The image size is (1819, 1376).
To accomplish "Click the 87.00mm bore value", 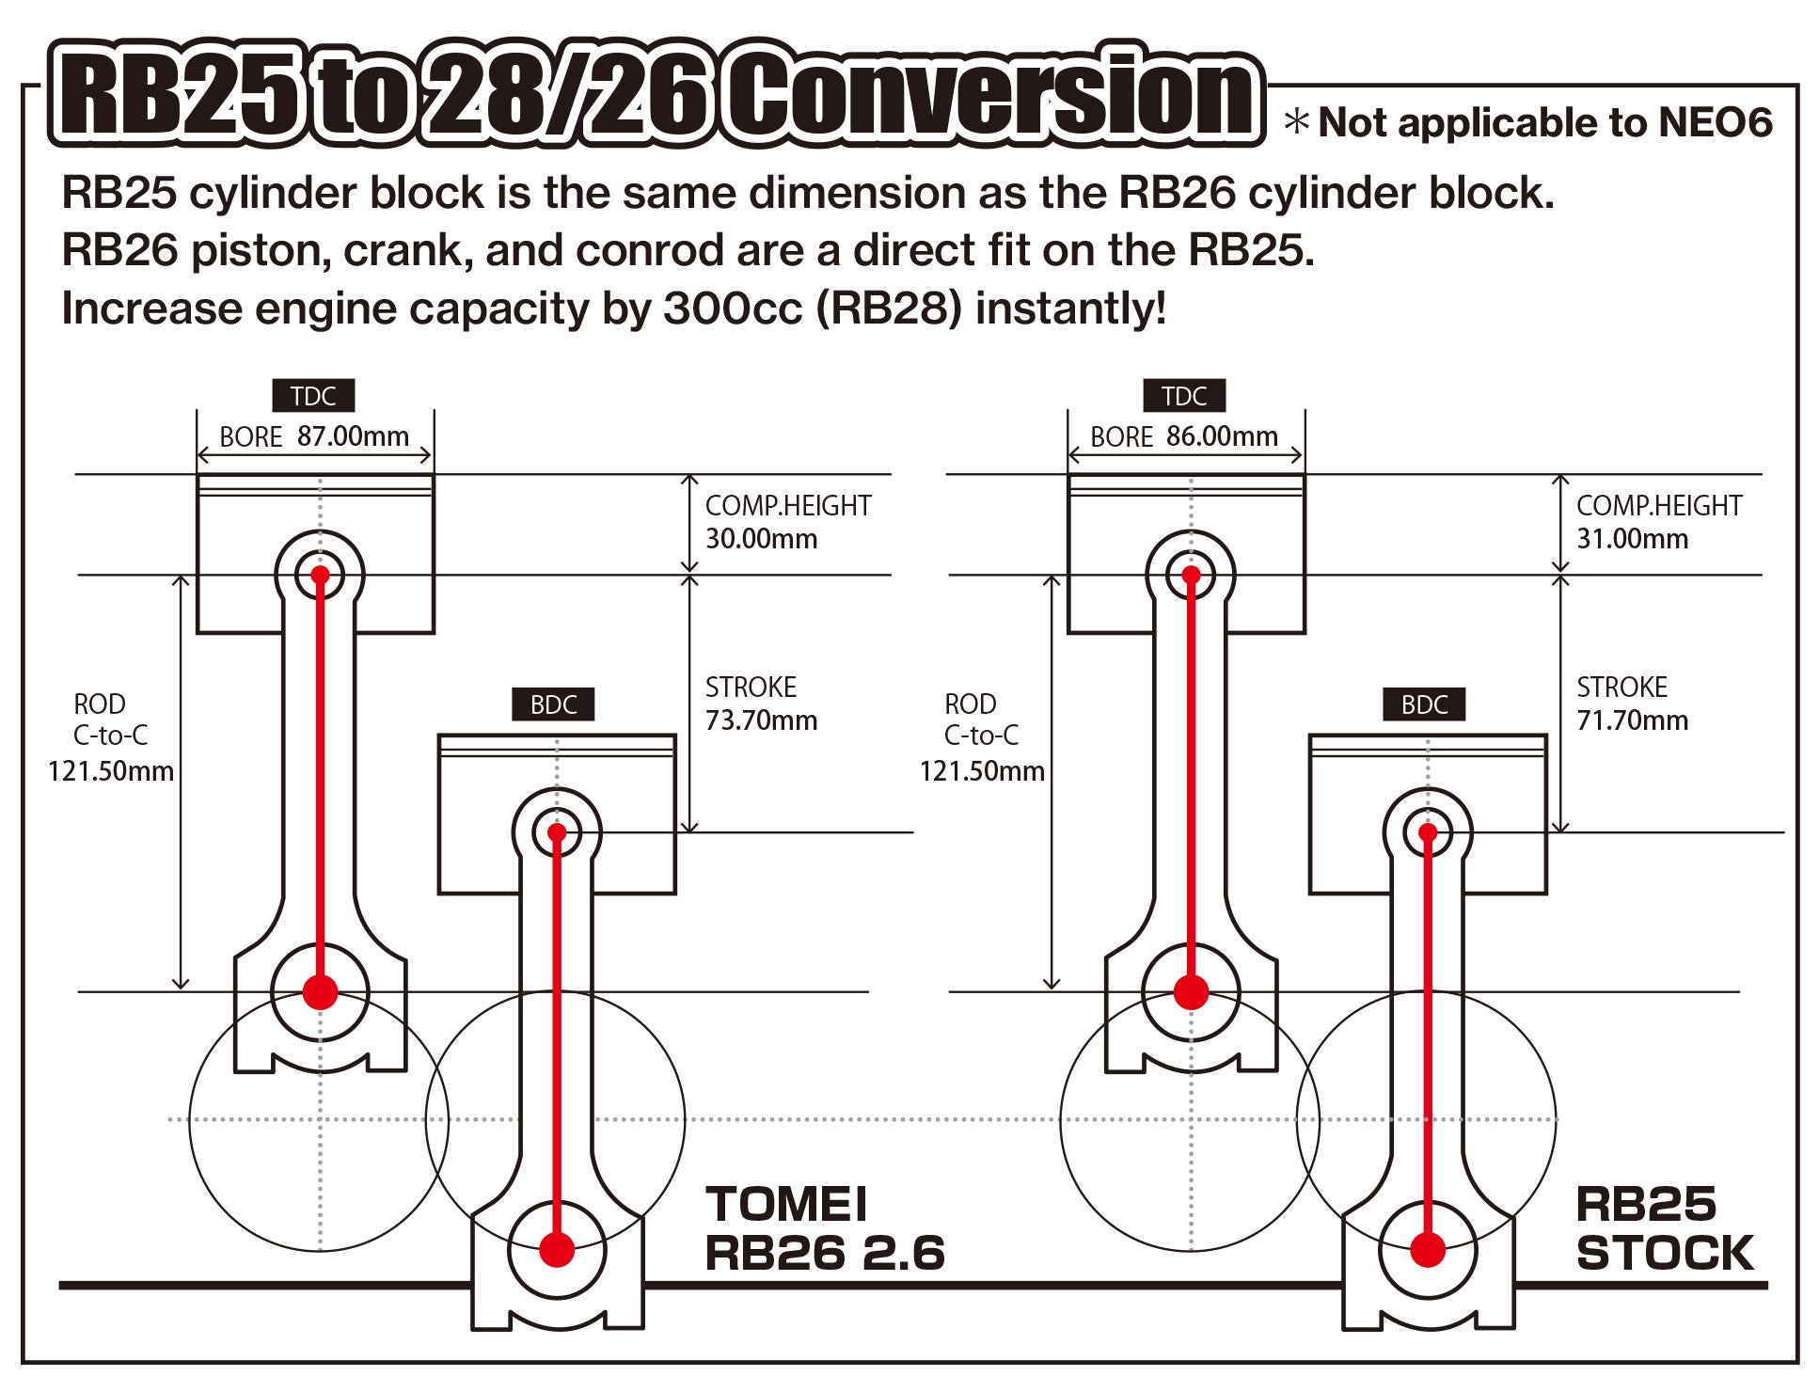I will coord(353,436).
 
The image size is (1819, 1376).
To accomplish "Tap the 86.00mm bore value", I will coord(1222,436).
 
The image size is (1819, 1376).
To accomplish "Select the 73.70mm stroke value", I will coord(761,720).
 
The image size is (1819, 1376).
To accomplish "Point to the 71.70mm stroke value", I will coord(1632,720).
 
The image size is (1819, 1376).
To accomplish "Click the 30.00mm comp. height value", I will coord(761,539).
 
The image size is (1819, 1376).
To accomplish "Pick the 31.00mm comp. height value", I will coord(1632,539).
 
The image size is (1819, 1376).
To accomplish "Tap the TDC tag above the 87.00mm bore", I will coord(313,396).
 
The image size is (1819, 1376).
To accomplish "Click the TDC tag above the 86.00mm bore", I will coord(1184,396).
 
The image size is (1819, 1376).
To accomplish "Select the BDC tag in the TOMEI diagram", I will coord(553,704).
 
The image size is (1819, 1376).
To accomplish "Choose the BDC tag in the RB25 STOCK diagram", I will coord(1424,704).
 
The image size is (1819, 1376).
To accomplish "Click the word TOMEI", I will coord(786,1205).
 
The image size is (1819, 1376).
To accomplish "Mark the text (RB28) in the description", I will coord(889,308).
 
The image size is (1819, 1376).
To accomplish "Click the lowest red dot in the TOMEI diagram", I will coord(557,1250).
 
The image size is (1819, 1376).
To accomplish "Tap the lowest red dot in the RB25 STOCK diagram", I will coord(1428,1250).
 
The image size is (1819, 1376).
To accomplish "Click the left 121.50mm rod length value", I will coord(111,771).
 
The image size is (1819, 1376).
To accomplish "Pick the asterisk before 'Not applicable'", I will coord(1297,122).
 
